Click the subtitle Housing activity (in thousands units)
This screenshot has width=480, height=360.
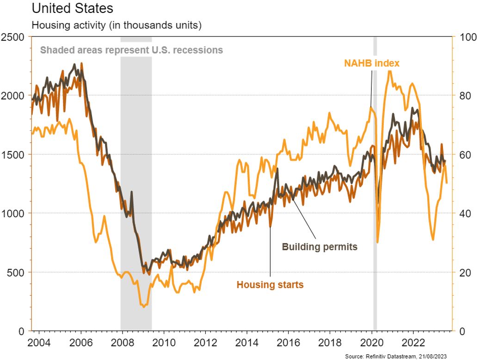116,25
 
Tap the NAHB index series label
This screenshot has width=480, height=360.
371,63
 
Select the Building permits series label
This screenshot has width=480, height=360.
320,247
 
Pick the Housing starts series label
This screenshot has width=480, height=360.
270,285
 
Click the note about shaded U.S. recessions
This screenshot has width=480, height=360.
131,50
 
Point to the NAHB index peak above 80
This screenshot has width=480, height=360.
390,71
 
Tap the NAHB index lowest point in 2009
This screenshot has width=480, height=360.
143,306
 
